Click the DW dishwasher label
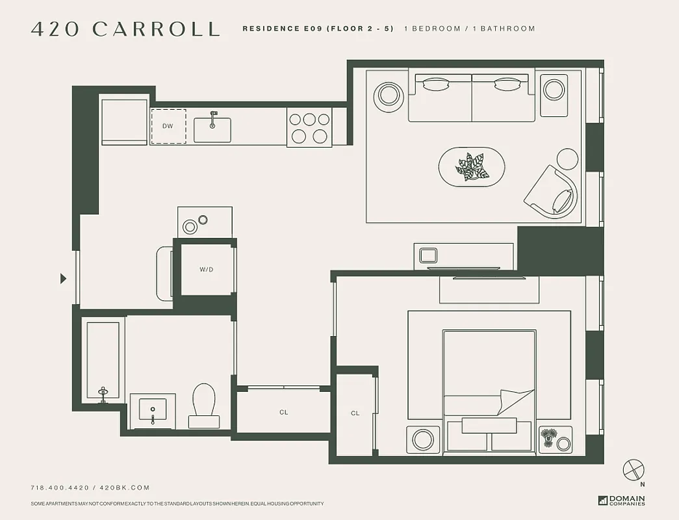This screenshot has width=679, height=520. (168, 125)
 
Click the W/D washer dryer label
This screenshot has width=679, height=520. (206, 269)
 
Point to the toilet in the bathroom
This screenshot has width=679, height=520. (203, 403)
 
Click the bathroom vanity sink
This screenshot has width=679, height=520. (153, 410)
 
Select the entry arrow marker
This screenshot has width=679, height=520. (63, 278)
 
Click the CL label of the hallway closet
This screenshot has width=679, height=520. (284, 412)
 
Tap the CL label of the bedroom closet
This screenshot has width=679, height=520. (355, 413)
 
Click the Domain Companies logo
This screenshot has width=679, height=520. (621, 500)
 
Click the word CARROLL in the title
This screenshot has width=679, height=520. (156, 29)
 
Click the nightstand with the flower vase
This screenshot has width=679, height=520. (555, 439)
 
